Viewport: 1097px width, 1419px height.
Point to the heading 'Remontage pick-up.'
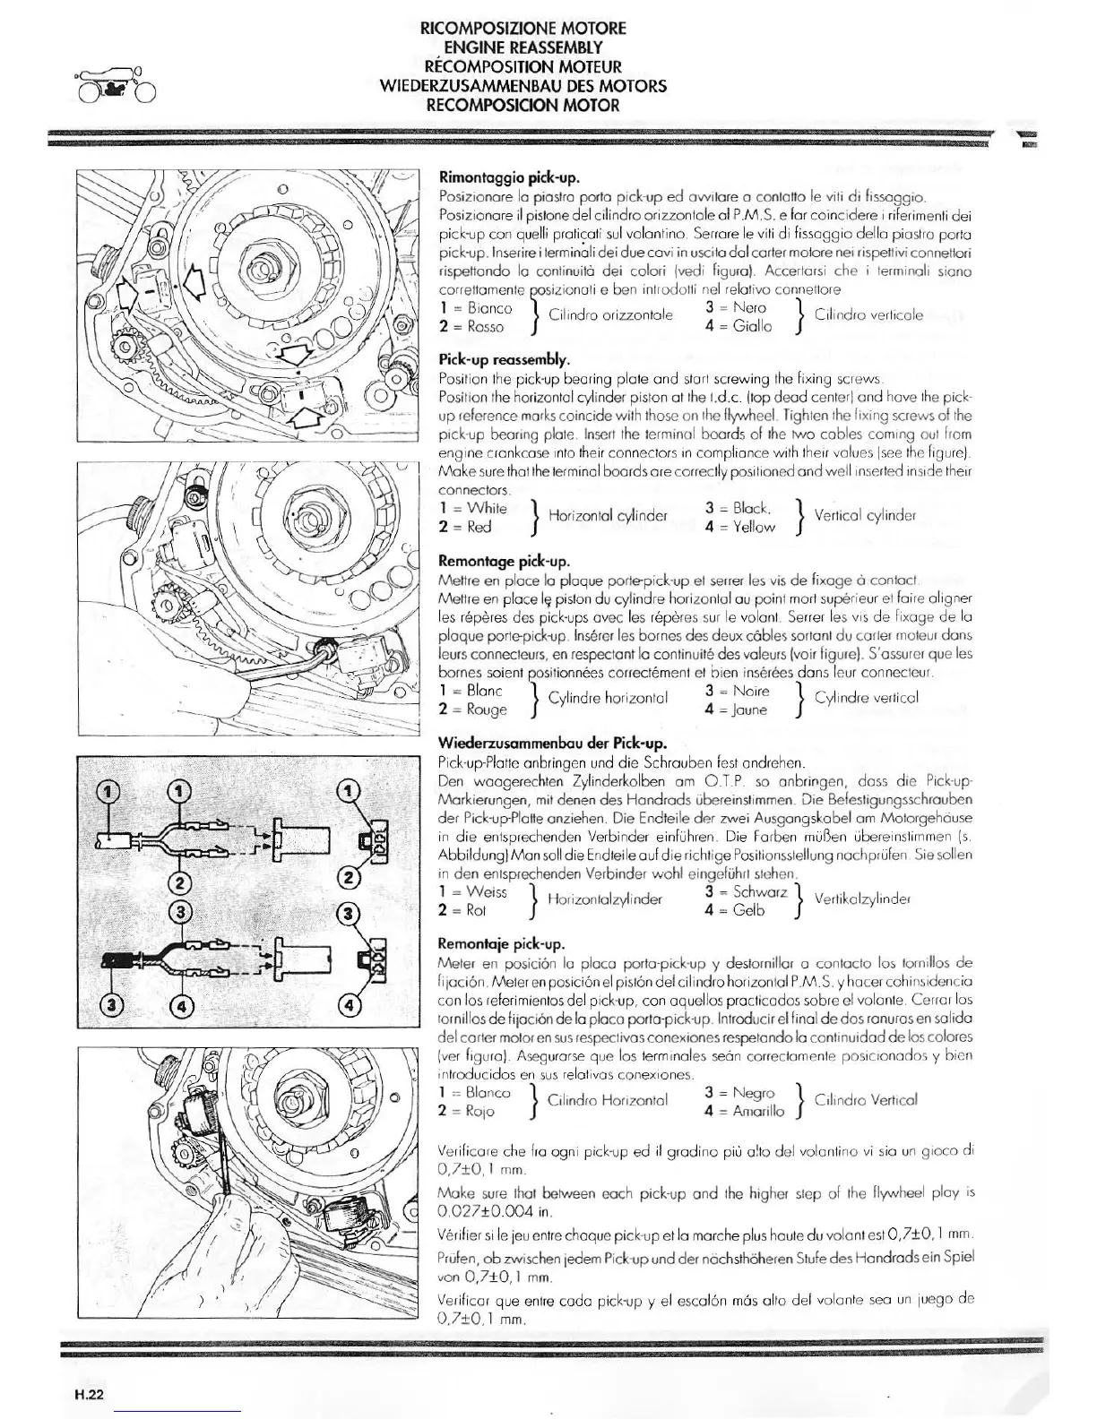click(504, 562)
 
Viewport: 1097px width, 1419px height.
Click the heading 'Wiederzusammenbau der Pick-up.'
click(552, 744)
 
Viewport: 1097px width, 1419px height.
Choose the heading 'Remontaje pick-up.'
click(501, 944)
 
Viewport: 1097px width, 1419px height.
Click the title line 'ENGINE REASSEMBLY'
click(523, 47)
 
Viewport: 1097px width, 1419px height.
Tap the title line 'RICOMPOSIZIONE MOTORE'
click(523, 28)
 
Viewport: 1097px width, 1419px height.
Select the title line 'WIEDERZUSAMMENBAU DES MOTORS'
click(523, 86)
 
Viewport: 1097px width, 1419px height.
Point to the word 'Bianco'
click(489, 308)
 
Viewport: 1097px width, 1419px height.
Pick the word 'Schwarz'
click(760, 892)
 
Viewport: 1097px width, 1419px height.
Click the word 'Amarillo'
click(758, 1111)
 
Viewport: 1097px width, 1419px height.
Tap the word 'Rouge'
click(487, 709)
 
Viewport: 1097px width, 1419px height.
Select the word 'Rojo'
click(480, 1111)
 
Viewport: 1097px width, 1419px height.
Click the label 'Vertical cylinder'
click(865, 516)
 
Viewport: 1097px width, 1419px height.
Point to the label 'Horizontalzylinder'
click(605, 899)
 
